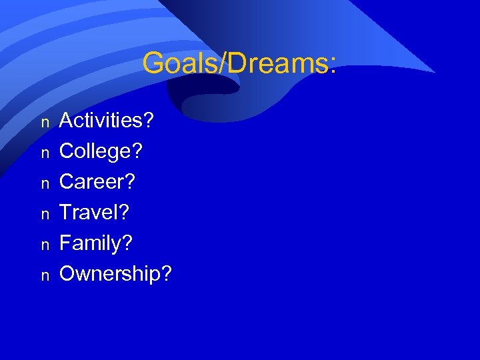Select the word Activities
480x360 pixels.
click(101, 121)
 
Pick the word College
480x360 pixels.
click(94, 151)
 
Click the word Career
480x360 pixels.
click(91, 182)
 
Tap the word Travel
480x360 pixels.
click(89, 213)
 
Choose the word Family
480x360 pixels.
click(90, 243)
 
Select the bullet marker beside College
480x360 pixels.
click(45, 153)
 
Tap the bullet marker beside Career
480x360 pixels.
click(45, 184)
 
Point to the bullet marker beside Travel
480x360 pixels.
click(45, 215)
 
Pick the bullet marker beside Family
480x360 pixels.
click(45, 245)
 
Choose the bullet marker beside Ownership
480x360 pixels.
click(45, 276)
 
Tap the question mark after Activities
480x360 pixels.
click(148, 121)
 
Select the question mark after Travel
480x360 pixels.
click(124, 213)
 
